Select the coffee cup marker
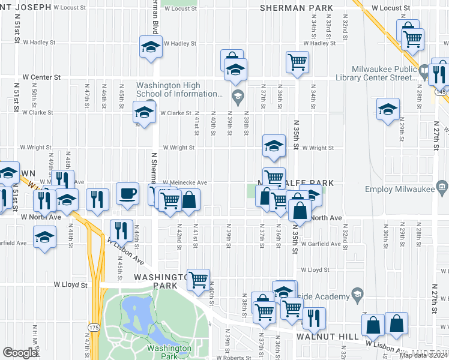(127, 194)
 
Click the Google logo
(20, 353)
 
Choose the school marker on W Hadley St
(151, 47)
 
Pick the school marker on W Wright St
(273, 146)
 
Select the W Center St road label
(41, 77)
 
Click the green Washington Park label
(169, 352)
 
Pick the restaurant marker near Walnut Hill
(313, 319)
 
